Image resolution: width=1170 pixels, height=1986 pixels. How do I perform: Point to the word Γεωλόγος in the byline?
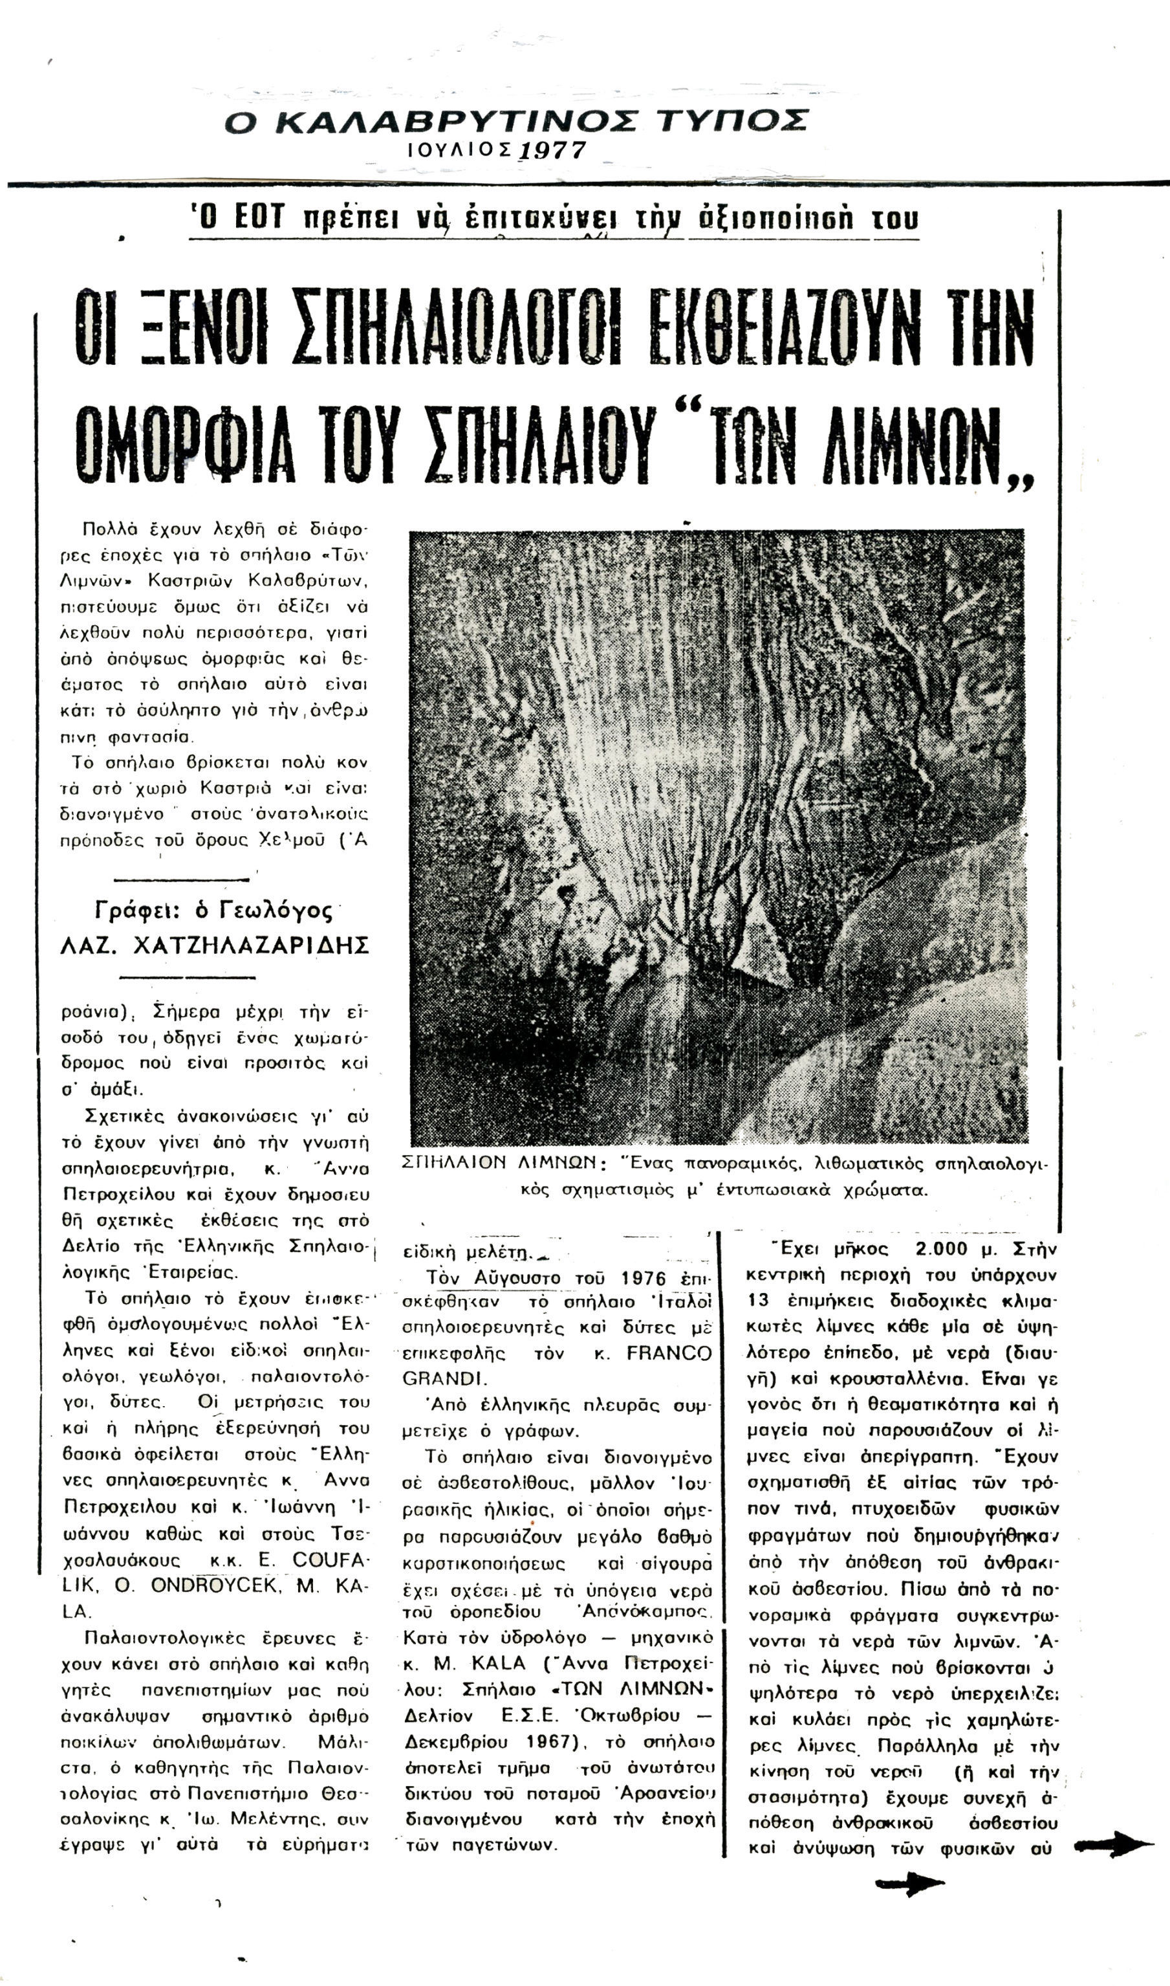pos(274,911)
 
